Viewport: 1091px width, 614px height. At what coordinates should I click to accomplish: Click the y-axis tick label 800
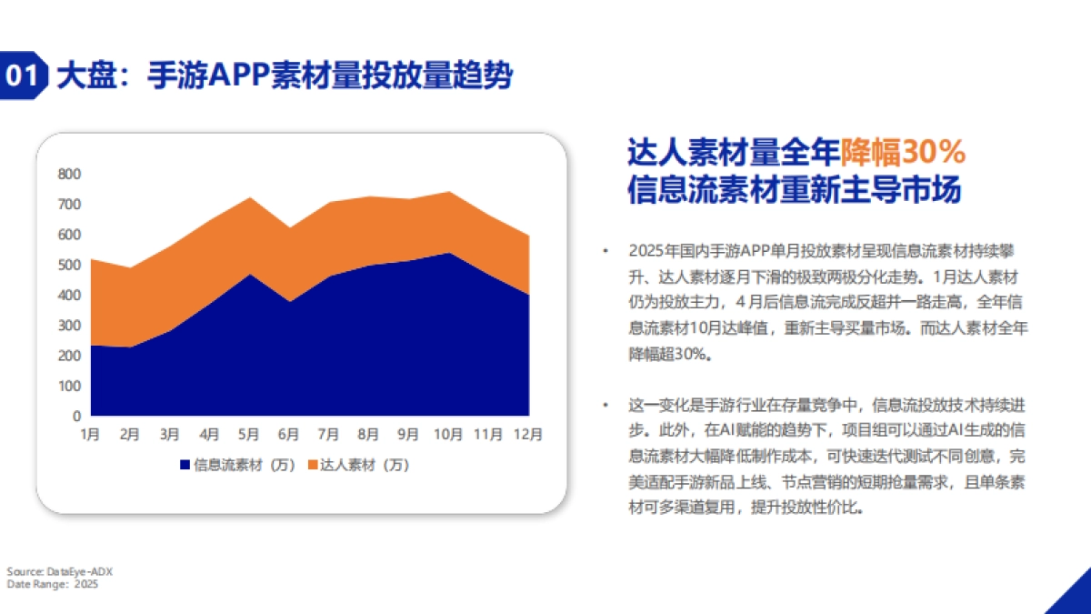coord(69,174)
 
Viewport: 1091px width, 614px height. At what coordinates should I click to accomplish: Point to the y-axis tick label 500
coord(69,265)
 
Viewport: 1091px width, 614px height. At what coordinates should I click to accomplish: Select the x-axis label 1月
coord(90,434)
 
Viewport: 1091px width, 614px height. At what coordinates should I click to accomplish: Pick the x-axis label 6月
coord(289,434)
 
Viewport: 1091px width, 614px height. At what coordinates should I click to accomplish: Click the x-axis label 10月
coord(448,434)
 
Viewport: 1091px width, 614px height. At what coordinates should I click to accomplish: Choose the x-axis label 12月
coord(528,434)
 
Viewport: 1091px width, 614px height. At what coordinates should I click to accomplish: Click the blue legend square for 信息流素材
coord(185,465)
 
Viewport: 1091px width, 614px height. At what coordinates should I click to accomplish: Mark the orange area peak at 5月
coord(249,198)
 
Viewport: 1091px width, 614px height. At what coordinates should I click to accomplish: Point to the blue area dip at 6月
coord(289,301)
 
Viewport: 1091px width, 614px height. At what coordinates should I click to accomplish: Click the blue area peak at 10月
coord(448,253)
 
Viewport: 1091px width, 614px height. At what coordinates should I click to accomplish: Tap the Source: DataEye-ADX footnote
coord(60,571)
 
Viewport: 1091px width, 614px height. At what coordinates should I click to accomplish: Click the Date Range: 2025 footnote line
coord(53,584)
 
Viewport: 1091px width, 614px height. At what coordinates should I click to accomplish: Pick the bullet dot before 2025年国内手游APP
coord(605,250)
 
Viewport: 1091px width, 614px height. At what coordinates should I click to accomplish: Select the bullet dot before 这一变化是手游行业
coord(605,403)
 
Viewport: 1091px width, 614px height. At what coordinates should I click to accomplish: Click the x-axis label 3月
coord(170,434)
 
